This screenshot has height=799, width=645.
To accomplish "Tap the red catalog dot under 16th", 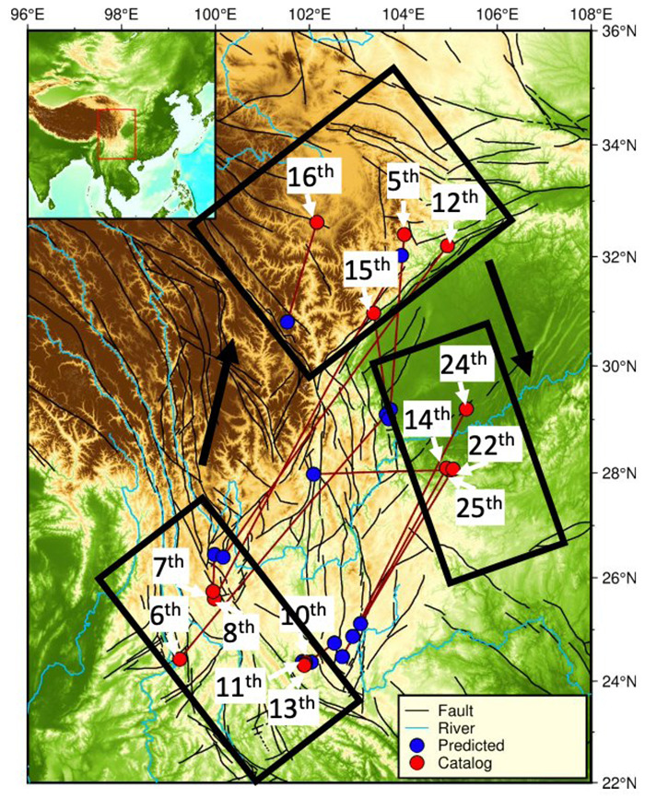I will [x=317, y=222].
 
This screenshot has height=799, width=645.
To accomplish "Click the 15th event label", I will [x=368, y=271].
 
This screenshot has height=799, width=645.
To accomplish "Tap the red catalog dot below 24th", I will [x=465, y=408].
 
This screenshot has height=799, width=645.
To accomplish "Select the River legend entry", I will [x=479, y=728].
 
